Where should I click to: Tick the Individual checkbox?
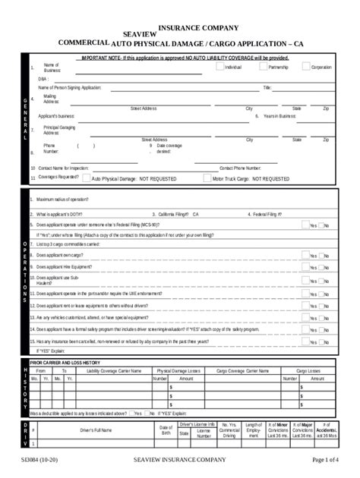pyautogui.click(x=219, y=67)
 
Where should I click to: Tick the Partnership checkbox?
pyautogui.click(x=263, y=67)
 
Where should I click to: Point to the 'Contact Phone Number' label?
pyautogui.click(x=241, y=168)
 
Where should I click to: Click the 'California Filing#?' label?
pyautogui.click(x=174, y=215)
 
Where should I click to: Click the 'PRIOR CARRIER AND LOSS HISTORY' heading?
pyautogui.click(x=65, y=363)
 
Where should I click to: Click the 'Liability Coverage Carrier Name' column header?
pyautogui.click(x=114, y=370)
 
